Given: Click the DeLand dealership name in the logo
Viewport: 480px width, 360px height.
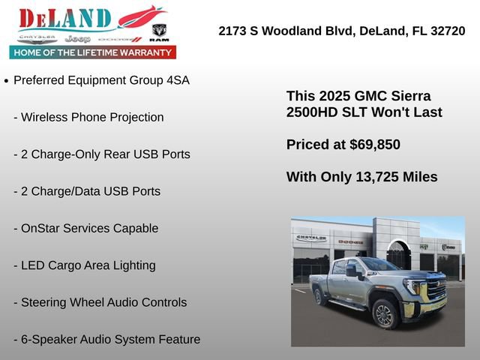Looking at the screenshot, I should click(x=66, y=19).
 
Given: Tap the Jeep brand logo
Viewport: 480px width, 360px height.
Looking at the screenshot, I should click(x=77, y=38).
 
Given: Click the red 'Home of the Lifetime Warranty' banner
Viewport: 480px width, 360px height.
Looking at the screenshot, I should click(x=93, y=52).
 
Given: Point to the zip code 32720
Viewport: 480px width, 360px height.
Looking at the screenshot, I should click(x=445, y=31).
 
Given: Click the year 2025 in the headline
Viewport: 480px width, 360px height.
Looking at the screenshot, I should click(x=332, y=97).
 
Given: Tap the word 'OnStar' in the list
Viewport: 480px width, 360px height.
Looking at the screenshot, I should click(x=43, y=228).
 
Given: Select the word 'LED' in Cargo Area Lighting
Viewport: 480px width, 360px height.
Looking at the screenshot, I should click(x=34, y=265).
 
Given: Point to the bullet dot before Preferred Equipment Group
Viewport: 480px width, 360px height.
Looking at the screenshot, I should click(x=7, y=80).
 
